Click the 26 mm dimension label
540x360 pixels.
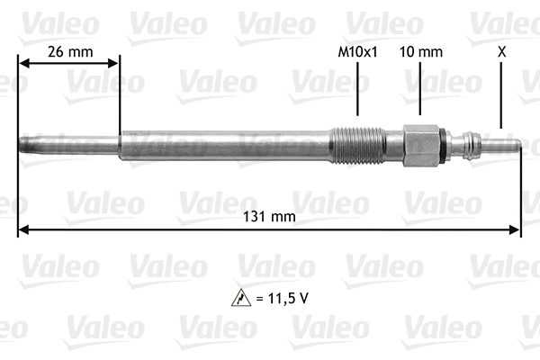click(x=68, y=51)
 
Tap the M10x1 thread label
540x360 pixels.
click(x=356, y=52)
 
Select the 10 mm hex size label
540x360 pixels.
click(x=420, y=52)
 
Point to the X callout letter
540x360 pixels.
click(x=501, y=52)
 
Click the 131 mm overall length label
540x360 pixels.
click(x=270, y=217)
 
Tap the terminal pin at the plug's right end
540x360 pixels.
click(x=504, y=144)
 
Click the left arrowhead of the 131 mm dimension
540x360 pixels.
click(x=23, y=229)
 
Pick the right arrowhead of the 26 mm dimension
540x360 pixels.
click(x=113, y=63)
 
